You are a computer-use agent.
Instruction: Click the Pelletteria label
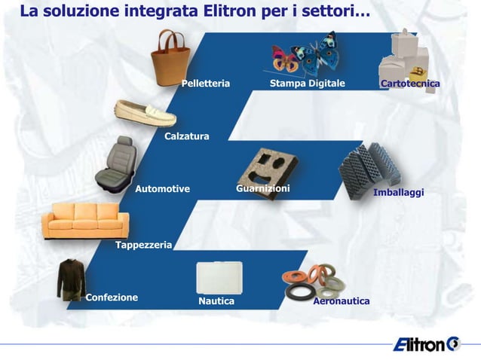[205, 83]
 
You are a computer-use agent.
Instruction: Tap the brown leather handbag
[170, 59]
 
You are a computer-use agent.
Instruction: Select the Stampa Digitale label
[307, 83]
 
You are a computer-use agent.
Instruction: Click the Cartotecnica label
[410, 83]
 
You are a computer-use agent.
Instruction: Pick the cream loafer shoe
[145, 114]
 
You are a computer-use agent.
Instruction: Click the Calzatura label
[186, 136]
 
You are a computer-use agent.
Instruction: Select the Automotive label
[162, 189]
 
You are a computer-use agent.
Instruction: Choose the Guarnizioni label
[262, 188]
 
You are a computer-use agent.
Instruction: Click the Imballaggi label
[398, 194]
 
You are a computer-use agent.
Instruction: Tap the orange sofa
[85, 220]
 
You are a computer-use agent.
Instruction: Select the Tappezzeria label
[143, 246]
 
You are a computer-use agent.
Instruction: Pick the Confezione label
[112, 297]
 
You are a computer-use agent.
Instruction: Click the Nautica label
[216, 301]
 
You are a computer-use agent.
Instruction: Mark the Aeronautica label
[341, 301]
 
